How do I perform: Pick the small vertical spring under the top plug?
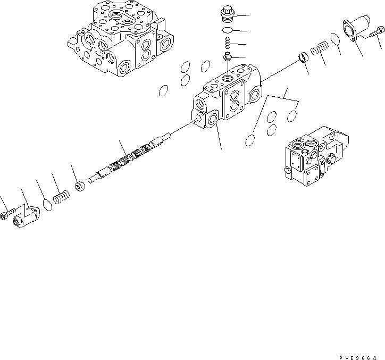tap(227, 43)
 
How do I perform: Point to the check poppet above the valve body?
tap(227, 56)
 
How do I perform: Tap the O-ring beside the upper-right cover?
tap(336, 39)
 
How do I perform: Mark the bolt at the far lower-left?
tap(6, 215)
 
